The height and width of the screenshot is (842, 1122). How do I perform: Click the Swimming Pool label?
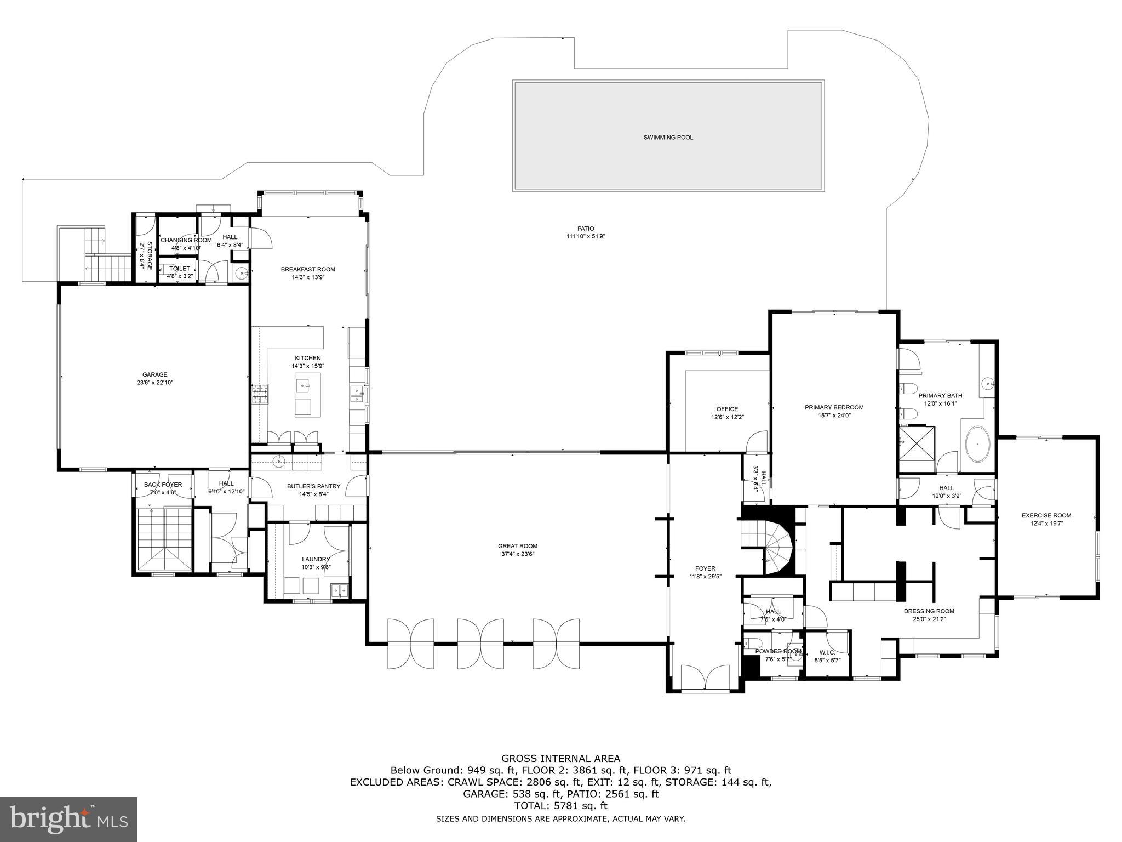668,138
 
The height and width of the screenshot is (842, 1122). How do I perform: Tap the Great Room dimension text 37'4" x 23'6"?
517,554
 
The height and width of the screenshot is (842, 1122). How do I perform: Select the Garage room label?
154,374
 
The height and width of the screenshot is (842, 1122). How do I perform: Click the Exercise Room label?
1046,515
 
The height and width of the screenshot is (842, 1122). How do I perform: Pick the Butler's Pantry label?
313,486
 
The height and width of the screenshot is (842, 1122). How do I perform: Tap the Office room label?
727,409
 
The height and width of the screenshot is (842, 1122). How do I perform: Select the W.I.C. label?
827,652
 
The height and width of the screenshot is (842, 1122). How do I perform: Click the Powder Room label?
778,651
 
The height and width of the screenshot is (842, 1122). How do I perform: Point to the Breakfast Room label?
308,269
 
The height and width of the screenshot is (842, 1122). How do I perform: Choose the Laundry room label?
316,559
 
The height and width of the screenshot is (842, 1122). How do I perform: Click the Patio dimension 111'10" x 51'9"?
585,237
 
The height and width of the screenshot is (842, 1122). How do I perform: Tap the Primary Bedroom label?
834,407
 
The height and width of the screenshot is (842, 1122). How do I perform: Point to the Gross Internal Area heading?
560,759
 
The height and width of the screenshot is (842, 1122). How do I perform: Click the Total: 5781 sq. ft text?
560,806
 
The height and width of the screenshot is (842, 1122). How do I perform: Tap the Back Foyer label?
163,485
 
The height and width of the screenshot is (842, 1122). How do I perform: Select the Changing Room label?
186,240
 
